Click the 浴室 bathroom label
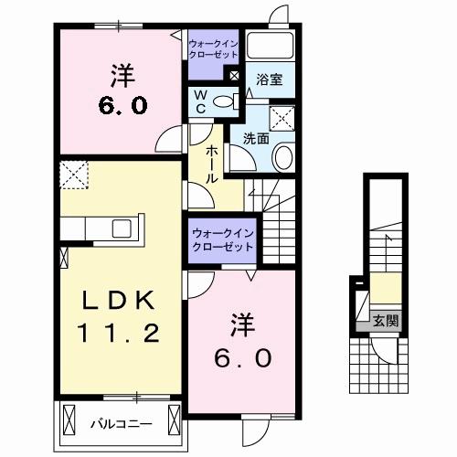[x=269, y=80]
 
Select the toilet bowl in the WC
[x=228, y=101]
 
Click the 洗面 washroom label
[x=256, y=140]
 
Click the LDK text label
[x=113, y=302]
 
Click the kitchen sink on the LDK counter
[x=121, y=228]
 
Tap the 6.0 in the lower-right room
[x=242, y=358]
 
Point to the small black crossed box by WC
[x=235, y=77]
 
